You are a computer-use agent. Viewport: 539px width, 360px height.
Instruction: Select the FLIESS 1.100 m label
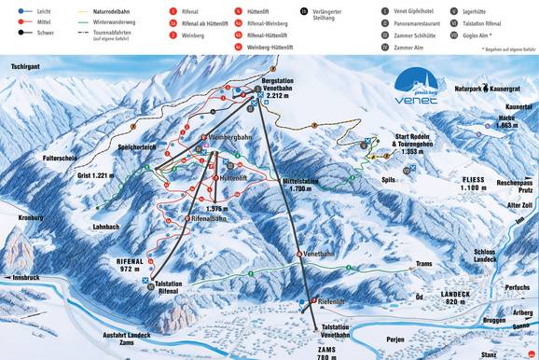[479, 183]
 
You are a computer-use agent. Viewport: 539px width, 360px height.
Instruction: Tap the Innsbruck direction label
[21, 278]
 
